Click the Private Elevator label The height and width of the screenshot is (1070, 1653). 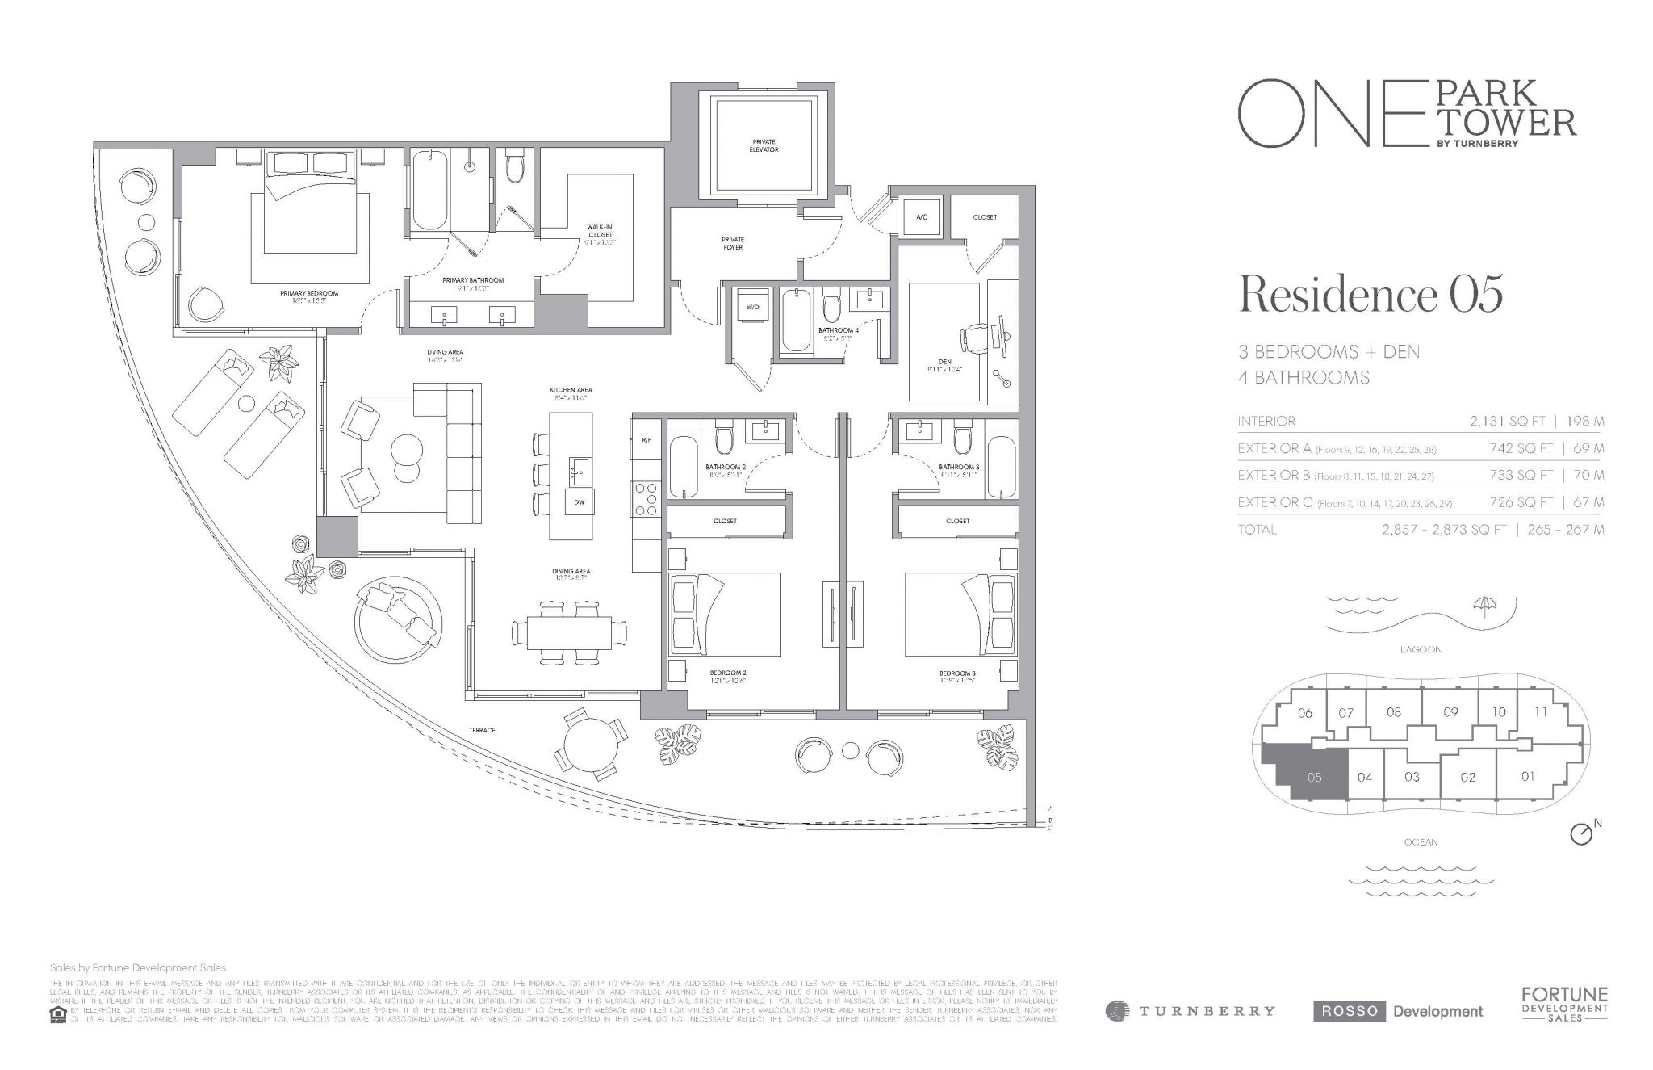[763, 145]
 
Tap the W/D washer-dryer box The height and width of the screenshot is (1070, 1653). [751, 307]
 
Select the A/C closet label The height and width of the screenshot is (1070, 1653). [922, 217]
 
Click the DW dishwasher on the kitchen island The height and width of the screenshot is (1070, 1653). [579, 501]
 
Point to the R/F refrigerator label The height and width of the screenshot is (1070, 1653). [646, 441]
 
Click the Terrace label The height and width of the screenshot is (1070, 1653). [481, 730]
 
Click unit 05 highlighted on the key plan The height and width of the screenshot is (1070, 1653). [1313, 778]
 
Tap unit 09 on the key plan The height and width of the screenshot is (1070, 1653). [1450, 712]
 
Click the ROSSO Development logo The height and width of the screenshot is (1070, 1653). [1398, 1010]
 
